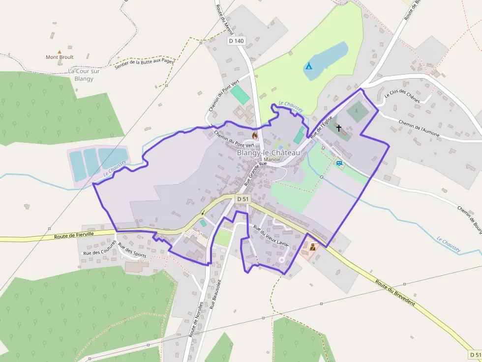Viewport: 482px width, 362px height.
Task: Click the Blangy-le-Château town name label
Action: tap(268, 153)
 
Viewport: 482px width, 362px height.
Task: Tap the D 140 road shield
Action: tap(236, 41)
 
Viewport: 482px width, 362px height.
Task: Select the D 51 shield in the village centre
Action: tap(243, 199)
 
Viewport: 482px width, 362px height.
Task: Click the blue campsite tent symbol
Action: tap(308, 65)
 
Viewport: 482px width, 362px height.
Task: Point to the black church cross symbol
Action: tap(338, 128)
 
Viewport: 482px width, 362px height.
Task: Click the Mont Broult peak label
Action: tap(60, 57)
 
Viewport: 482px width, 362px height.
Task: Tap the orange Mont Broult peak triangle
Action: tap(60, 51)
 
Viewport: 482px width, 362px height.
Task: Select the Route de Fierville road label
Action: tap(74, 236)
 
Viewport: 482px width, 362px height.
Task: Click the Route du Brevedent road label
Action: tap(394, 293)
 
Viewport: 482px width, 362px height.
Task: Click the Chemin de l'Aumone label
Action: tap(418, 130)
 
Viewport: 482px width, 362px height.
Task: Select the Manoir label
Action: tap(272, 160)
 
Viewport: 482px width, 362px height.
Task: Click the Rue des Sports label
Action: tap(132, 251)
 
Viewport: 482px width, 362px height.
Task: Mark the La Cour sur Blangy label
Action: tap(84, 75)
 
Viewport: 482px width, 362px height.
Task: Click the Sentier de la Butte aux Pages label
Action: tap(144, 64)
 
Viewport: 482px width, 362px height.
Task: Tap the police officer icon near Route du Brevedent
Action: tap(312, 247)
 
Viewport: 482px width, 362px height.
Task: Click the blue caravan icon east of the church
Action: tap(339, 162)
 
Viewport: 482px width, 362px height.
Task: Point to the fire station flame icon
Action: tap(254, 135)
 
